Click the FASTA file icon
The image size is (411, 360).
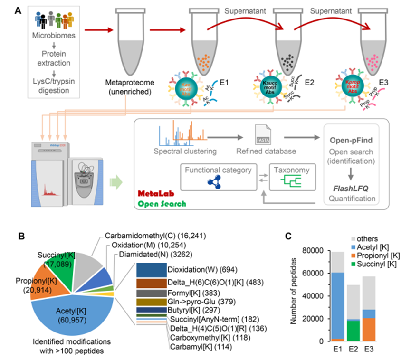coord(261,133)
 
